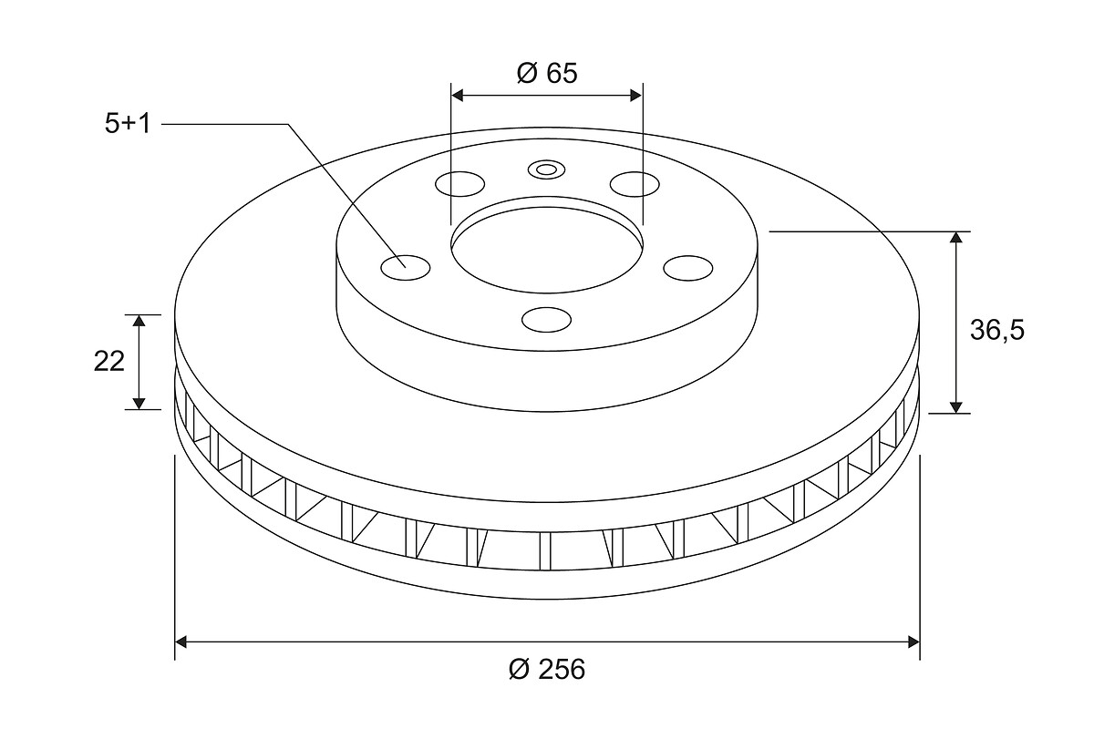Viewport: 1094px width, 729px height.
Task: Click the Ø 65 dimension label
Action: [547, 73]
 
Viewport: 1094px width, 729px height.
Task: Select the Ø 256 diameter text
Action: [546, 669]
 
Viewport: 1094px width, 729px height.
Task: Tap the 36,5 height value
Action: [996, 331]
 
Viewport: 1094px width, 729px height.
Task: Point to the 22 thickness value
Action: [108, 362]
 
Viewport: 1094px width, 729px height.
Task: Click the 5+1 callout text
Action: [128, 123]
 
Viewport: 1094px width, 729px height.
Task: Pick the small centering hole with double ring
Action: [546, 169]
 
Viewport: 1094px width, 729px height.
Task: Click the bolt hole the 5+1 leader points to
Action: [406, 268]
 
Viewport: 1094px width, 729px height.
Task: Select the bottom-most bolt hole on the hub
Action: [546, 320]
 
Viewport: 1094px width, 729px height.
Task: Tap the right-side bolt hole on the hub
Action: [688, 268]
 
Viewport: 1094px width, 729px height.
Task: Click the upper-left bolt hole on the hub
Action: [460, 184]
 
